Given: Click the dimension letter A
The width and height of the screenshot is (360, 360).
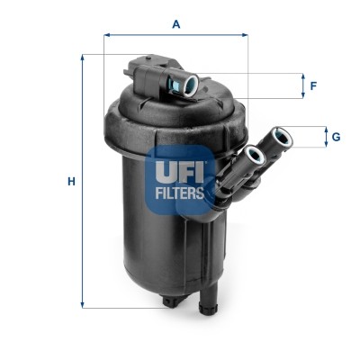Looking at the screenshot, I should click(176, 23).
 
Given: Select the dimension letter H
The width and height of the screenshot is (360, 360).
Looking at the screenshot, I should click(70, 182).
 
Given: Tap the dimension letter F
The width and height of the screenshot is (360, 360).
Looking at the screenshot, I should click(313, 86).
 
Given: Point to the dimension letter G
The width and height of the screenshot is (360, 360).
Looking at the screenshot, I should click(335, 137).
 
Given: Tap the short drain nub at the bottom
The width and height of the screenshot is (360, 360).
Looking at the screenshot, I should click(168, 301).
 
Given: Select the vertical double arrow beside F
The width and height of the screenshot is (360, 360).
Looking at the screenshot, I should click(302, 86).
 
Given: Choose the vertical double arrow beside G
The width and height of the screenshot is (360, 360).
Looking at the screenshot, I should click(324, 137).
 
